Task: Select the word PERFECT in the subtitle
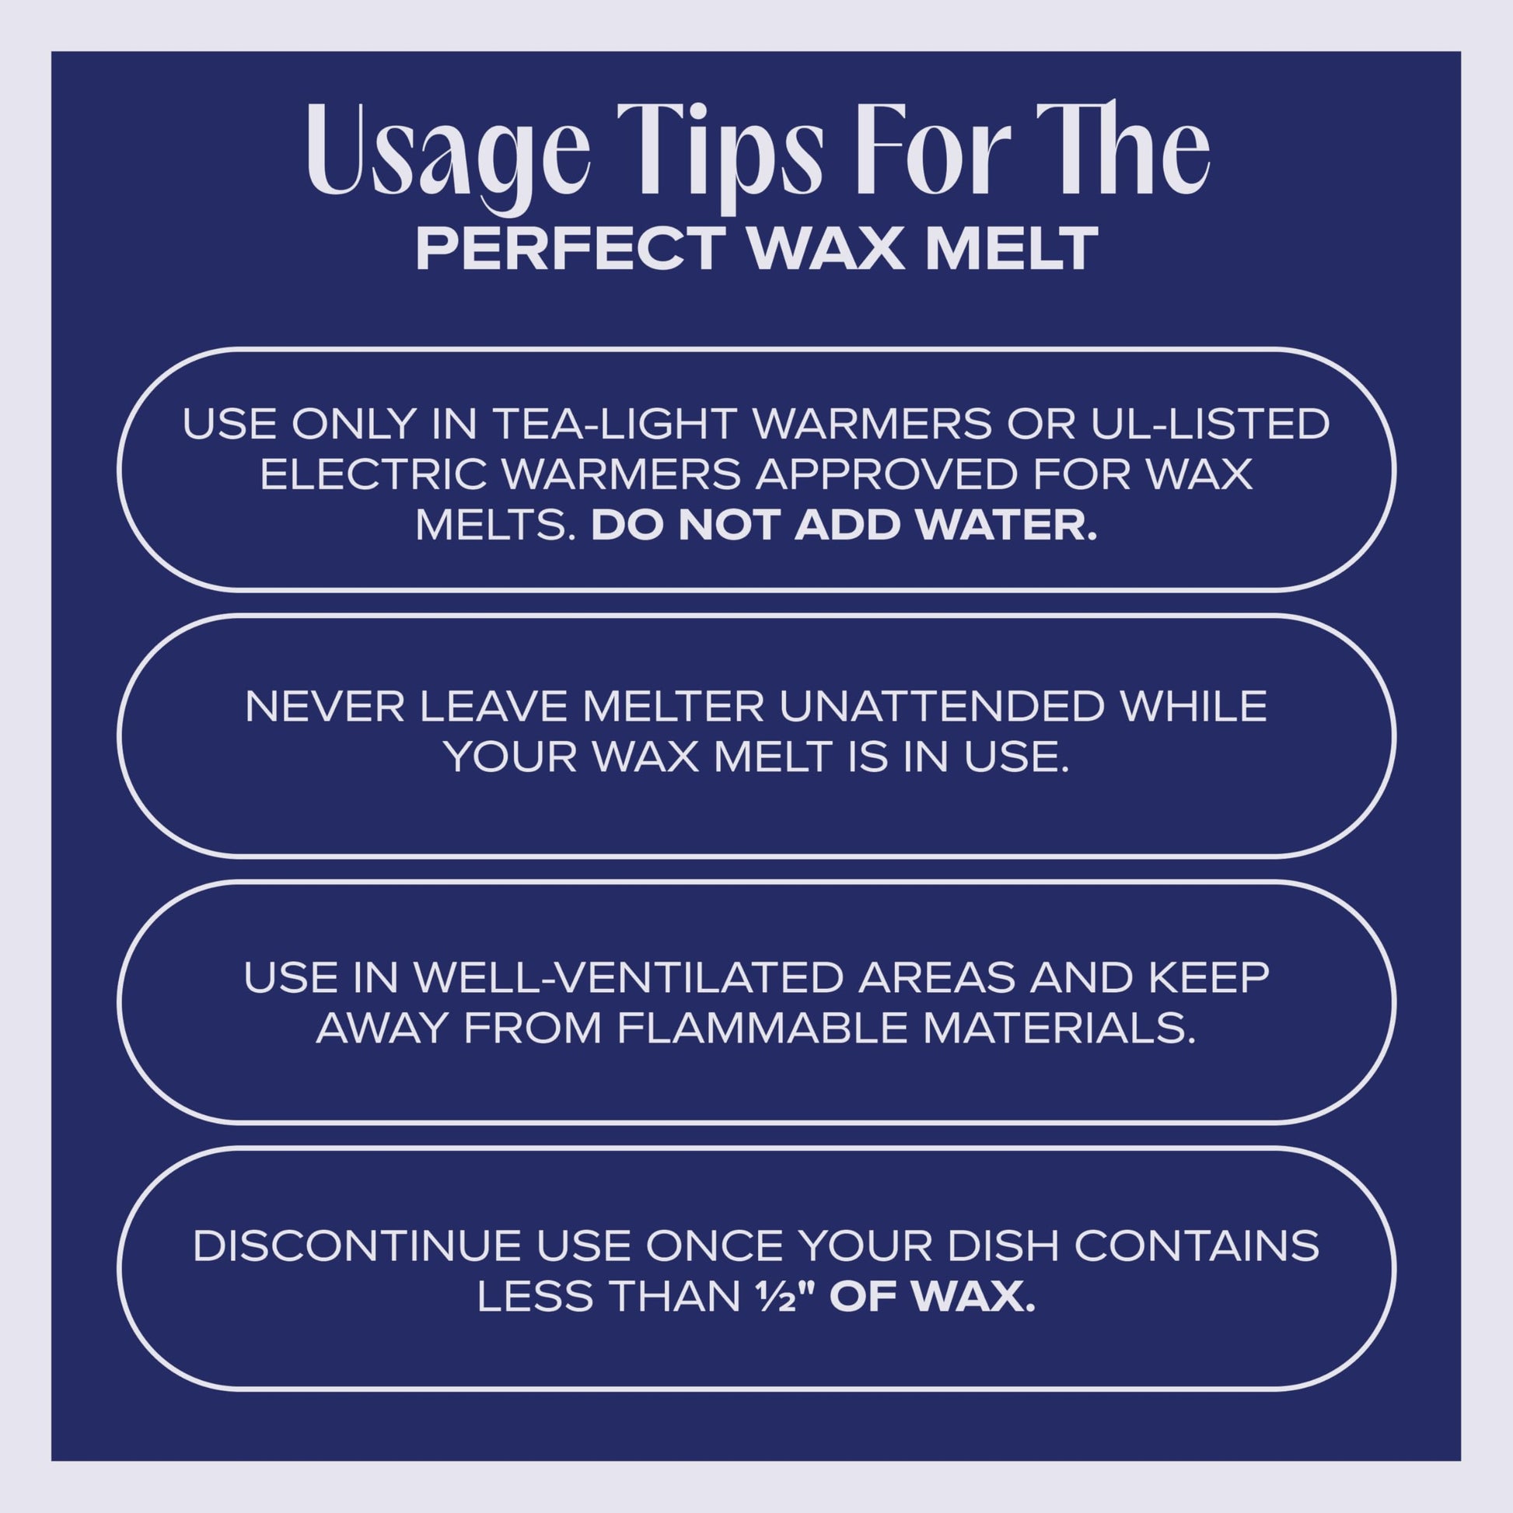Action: (x=569, y=249)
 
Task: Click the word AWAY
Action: (x=381, y=1029)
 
